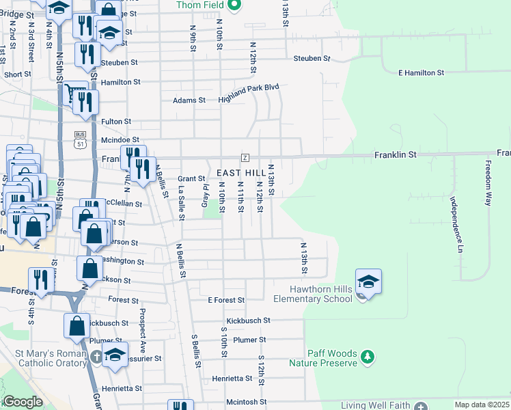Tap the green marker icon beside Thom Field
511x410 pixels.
[x=234, y=6]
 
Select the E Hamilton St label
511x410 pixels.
[x=422, y=72]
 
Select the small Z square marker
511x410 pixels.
[x=245, y=158]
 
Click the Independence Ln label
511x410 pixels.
[x=456, y=223]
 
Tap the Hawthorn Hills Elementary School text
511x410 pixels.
[x=312, y=294]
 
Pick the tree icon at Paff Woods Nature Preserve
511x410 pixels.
[x=368, y=357]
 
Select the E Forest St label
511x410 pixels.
[x=226, y=300]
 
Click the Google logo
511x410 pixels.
[x=23, y=402]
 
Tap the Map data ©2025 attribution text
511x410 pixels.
[x=482, y=405]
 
